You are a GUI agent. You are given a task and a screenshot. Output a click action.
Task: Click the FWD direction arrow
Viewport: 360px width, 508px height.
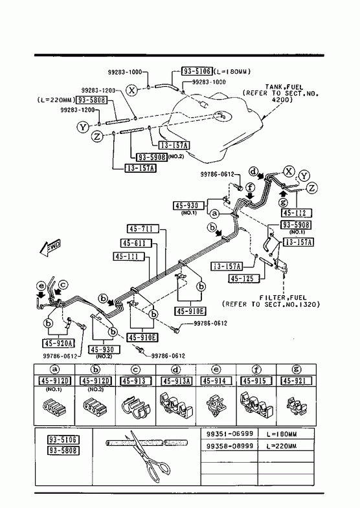pos(50,248)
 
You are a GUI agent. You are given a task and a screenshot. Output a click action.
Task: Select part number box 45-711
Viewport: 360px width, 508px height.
pos(143,229)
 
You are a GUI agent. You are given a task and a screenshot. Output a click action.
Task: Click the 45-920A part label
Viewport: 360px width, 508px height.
pos(58,343)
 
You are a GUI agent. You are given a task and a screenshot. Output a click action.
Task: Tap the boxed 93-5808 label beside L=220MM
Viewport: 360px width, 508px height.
pos(91,100)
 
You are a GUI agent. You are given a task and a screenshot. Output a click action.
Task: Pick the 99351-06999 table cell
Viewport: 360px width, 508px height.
pos(229,434)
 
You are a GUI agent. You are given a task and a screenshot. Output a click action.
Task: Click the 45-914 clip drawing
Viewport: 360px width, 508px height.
pos(216,405)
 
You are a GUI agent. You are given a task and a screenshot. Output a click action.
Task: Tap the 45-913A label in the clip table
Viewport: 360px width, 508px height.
pos(176,381)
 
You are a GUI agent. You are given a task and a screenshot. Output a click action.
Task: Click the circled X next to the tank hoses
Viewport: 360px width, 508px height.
pos(131,89)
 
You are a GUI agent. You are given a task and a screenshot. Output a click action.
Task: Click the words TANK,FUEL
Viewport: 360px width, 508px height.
pos(284,87)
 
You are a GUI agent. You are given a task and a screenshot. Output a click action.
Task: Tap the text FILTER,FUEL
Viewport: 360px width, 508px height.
pos(282,298)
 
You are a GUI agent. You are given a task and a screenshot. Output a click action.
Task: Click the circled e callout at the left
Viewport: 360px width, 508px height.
pos(41,286)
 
